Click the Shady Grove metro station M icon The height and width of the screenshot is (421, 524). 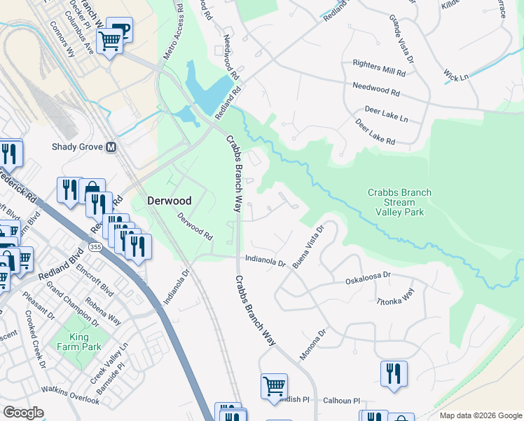click(x=110, y=147)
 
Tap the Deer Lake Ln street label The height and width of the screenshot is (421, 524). click(x=386, y=113)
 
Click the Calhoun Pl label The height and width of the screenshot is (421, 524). click(x=340, y=401)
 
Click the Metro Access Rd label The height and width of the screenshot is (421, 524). click(x=171, y=38)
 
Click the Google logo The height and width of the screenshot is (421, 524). click(x=24, y=413)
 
